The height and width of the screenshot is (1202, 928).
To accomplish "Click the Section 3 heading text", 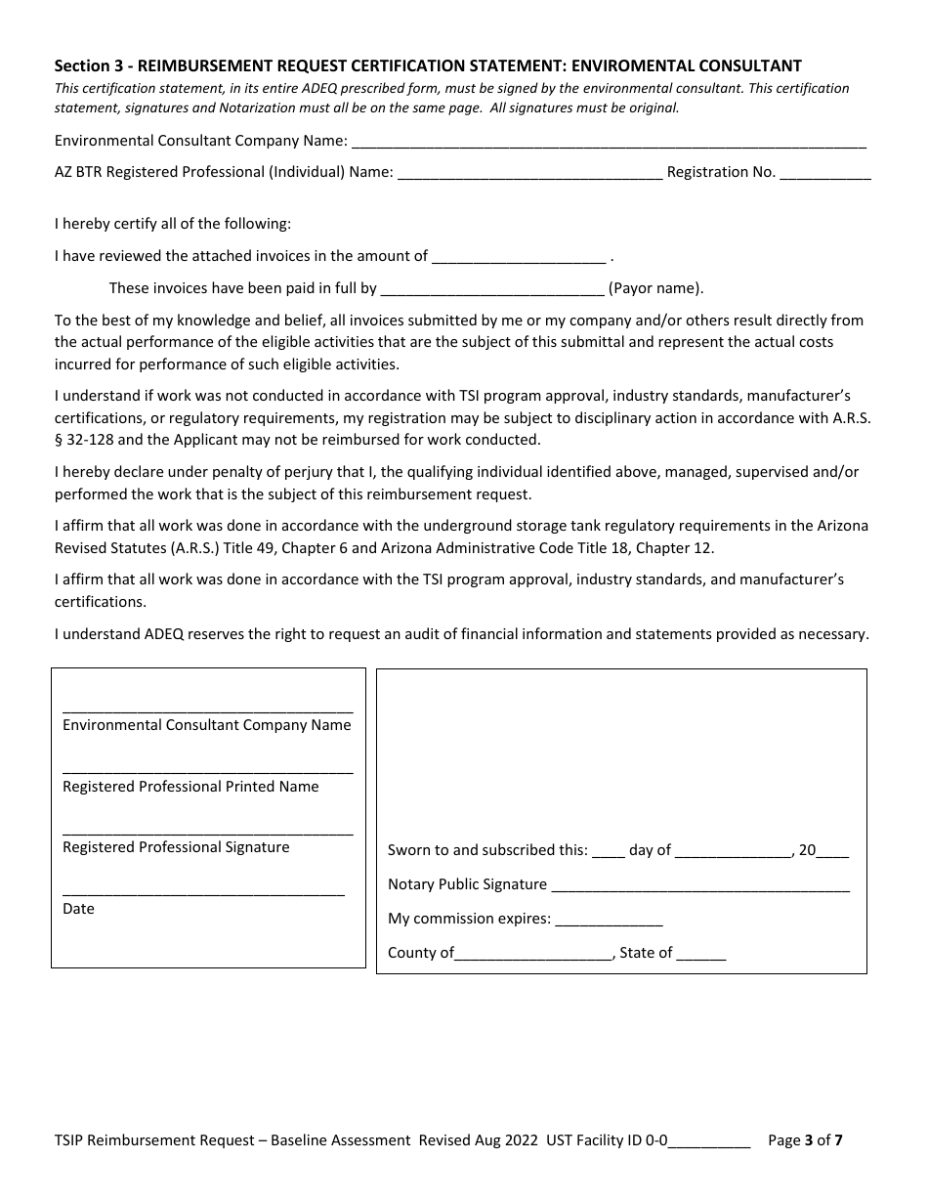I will pyautogui.click(x=428, y=65).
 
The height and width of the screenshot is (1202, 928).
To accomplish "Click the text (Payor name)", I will pyautogui.click(x=655, y=288).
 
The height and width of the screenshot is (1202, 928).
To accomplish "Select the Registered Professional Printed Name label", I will pyautogui.click(x=190, y=787).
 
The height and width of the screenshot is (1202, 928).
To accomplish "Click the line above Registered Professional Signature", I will pyautogui.click(x=207, y=834).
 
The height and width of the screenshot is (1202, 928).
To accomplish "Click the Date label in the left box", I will pyautogui.click(x=78, y=909).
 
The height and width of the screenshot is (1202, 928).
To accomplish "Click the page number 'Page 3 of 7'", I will pyautogui.click(x=805, y=1139).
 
